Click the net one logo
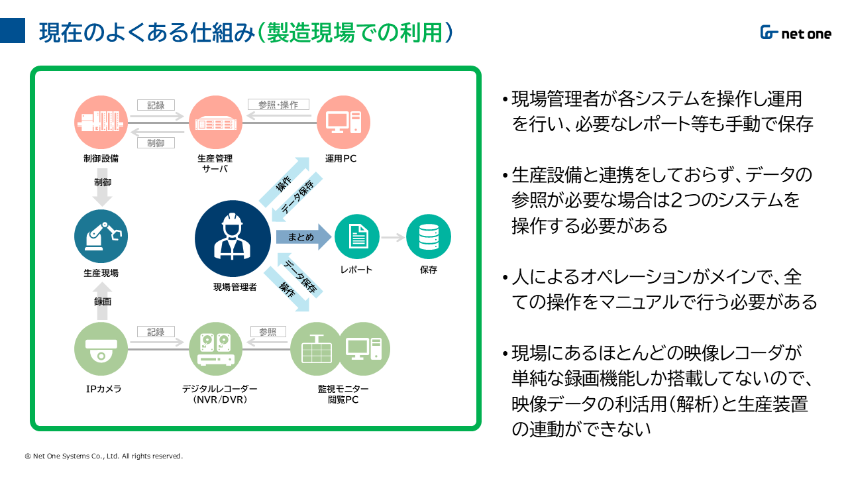[x=795, y=33]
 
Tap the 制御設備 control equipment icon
[x=101, y=123]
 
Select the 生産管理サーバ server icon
[x=215, y=123]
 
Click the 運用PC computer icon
[x=343, y=123]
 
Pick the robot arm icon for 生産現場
[x=101, y=236]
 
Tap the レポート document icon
[x=357, y=237]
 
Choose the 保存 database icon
[x=428, y=237]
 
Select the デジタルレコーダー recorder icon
[x=215, y=348]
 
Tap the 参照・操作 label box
[x=278, y=105]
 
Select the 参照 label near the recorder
[x=268, y=332]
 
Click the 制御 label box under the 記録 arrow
[x=156, y=143]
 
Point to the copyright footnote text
[x=103, y=456]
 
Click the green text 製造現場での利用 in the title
[x=354, y=32]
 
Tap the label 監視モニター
[x=343, y=389]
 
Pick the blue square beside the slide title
[x=13, y=31]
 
